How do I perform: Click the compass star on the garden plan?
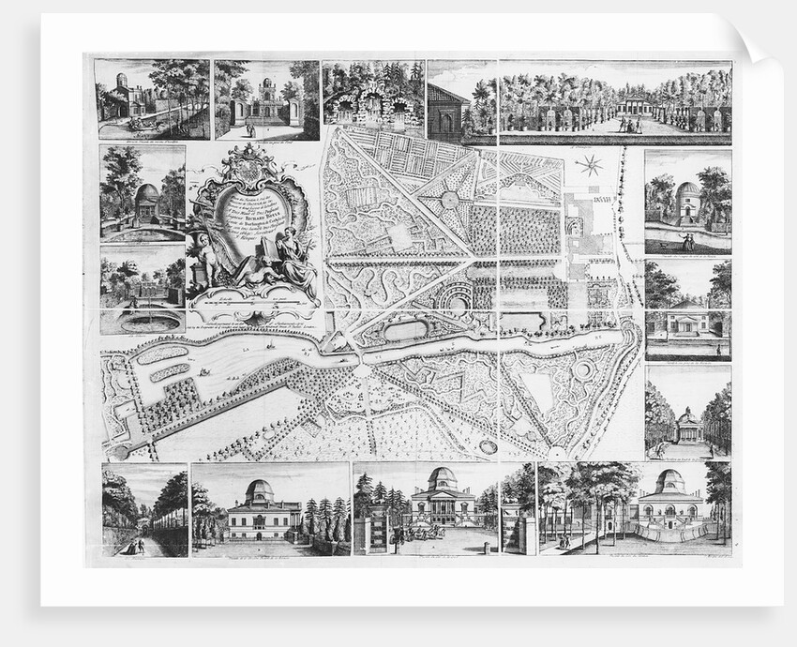pyautogui.click(x=590, y=166)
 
